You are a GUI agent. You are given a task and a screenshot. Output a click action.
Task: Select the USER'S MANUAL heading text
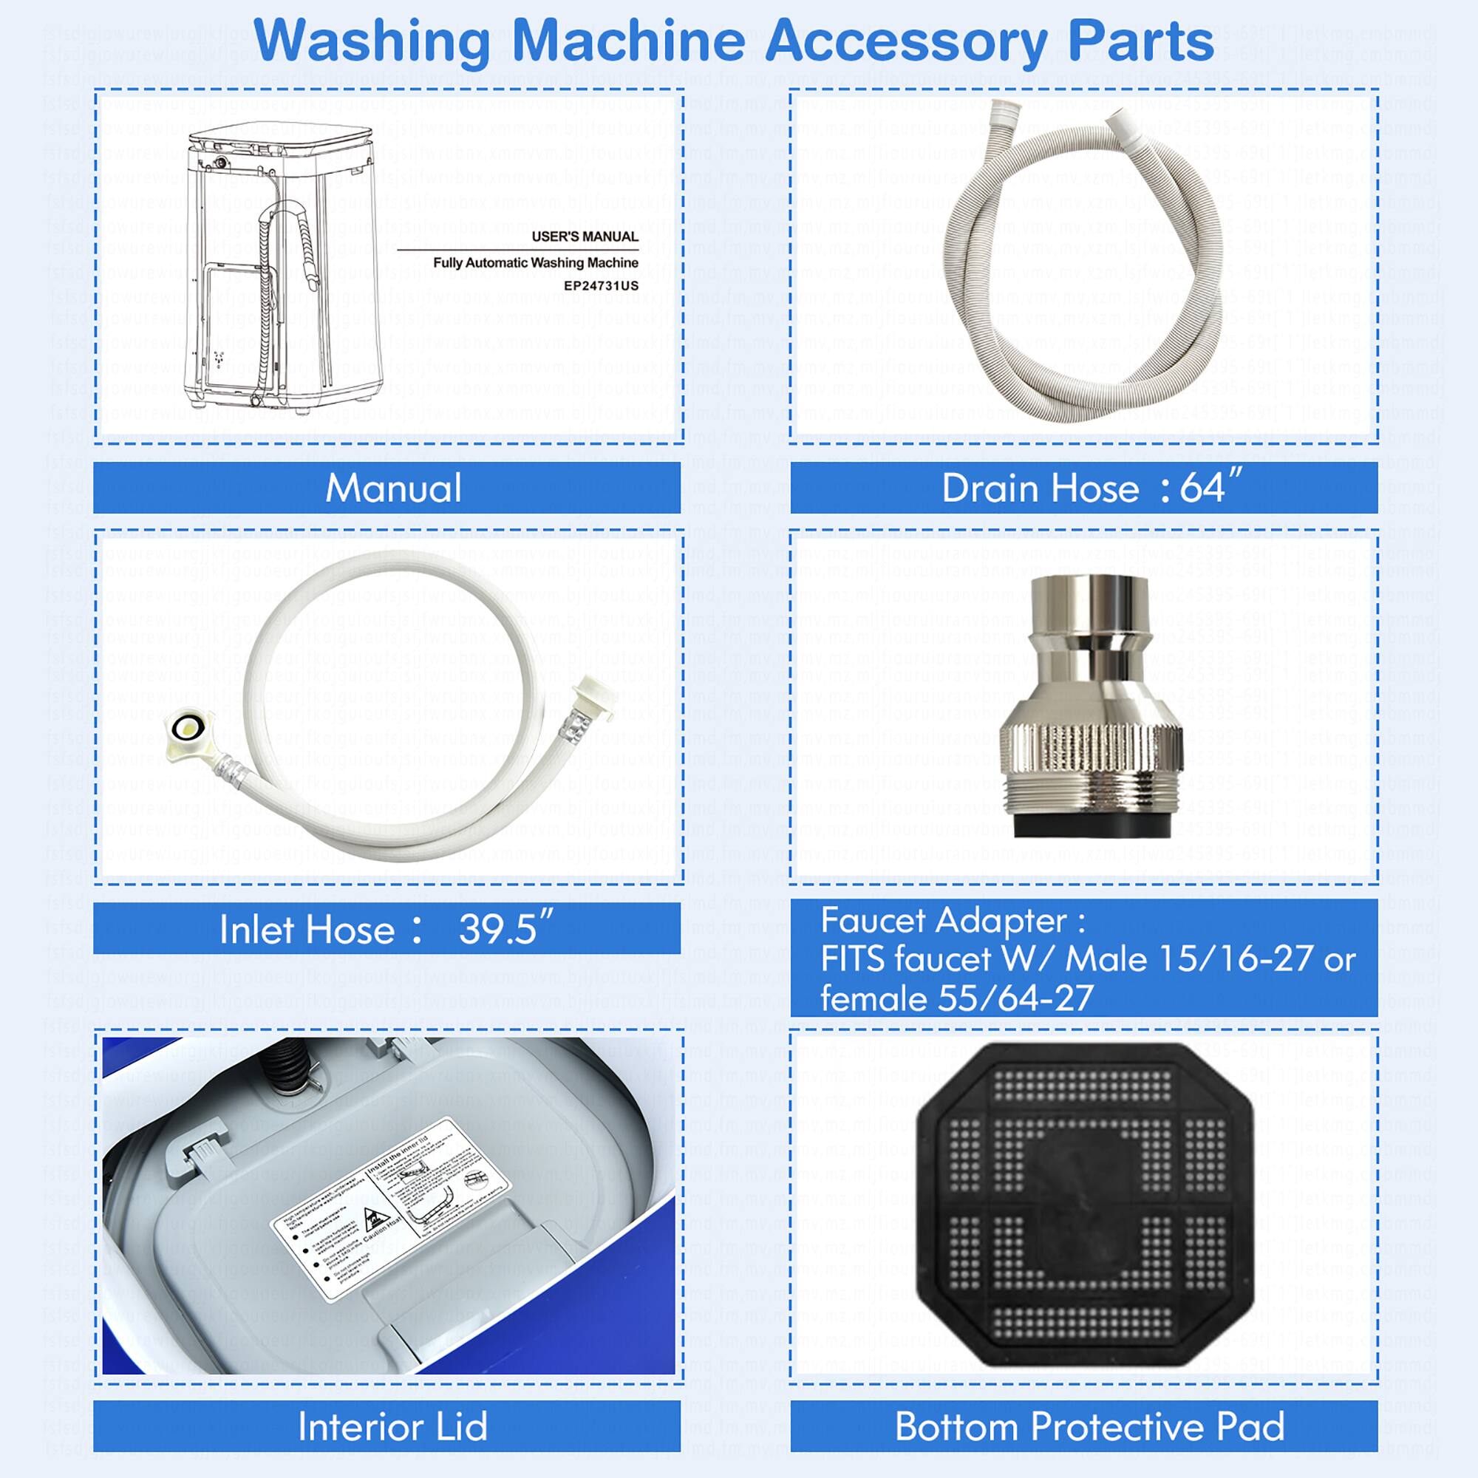coord(585,236)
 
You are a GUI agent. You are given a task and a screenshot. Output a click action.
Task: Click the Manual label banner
coord(392,488)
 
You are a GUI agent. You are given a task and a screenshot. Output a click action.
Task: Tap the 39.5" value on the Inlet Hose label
coord(505,930)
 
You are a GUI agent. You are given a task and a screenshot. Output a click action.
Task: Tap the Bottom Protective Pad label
coord(1089,1426)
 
